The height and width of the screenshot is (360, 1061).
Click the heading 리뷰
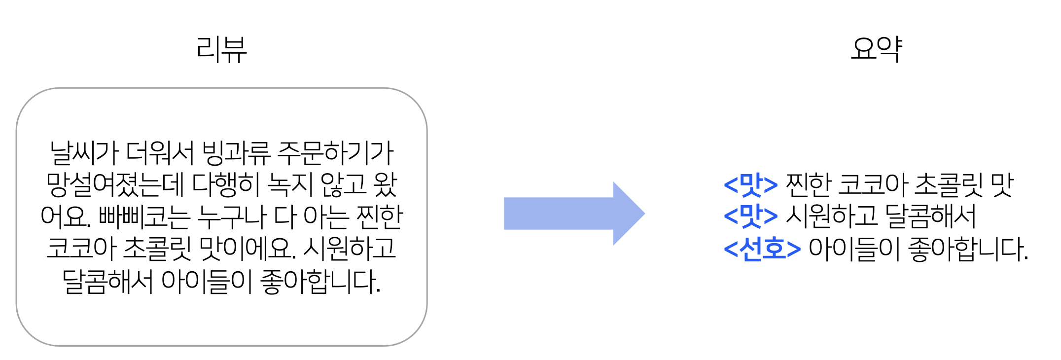(x=221, y=49)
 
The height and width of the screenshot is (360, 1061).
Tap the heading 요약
(x=877, y=49)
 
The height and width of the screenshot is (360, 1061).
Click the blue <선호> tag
(x=762, y=249)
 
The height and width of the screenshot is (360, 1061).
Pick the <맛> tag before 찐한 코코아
(x=750, y=184)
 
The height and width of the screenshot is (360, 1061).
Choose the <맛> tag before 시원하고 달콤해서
(x=750, y=216)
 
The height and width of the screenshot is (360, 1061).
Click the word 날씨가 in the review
(x=84, y=153)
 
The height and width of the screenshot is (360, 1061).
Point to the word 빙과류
(x=236, y=153)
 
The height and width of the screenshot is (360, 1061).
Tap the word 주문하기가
(x=335, y=153)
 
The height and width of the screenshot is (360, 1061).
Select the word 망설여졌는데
(x=115, y=185)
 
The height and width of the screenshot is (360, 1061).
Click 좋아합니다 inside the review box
(x=320, y=281)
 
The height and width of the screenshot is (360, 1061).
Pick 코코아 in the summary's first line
(x=873, y=184)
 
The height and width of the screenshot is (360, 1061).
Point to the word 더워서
(x=160, y=153)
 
